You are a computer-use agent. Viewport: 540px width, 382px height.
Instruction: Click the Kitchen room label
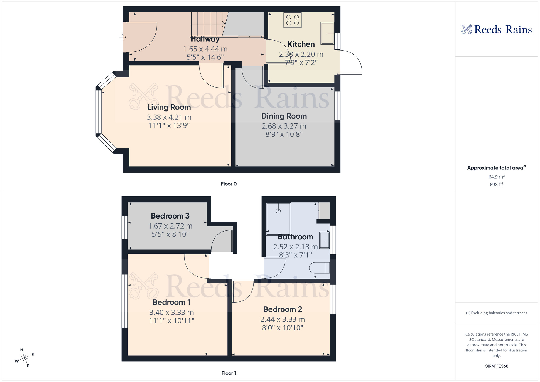coord(301,44)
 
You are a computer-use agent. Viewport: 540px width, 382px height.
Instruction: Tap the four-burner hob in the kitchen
coord(292,20)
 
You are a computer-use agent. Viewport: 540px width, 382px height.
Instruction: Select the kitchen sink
coord(327,33)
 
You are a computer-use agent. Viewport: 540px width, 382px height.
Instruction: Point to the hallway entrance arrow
coord(123,37)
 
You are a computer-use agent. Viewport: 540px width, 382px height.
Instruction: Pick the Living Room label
coord(169,107)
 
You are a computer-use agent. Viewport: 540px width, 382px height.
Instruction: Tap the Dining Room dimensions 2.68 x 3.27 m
coord(284,126)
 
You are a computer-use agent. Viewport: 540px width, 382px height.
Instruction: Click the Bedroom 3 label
coord(170,216)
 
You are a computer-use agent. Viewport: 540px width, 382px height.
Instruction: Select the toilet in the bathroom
coord(319,268)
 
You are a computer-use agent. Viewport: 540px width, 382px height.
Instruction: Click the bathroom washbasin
coord(325,240)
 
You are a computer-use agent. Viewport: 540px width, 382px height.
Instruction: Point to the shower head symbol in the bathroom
coord(278,211)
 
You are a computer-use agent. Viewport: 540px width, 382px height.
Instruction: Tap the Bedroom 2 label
coord(283,309)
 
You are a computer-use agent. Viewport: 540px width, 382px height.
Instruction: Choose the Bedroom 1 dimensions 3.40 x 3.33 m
coord(171,313)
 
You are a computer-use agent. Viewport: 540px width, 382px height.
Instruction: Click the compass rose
coord(25,358)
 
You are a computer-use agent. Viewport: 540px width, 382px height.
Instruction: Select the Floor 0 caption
coord(229,184)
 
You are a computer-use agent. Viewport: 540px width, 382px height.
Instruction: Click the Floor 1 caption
coord(229,373)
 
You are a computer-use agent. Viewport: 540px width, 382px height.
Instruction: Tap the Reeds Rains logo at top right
coord(497,29)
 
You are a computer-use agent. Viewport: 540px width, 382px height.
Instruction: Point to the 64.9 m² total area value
coord(496,177)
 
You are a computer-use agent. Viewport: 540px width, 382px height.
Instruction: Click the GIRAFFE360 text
coord(496,366)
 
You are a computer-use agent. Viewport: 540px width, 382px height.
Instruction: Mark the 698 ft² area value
coord(496,185)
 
